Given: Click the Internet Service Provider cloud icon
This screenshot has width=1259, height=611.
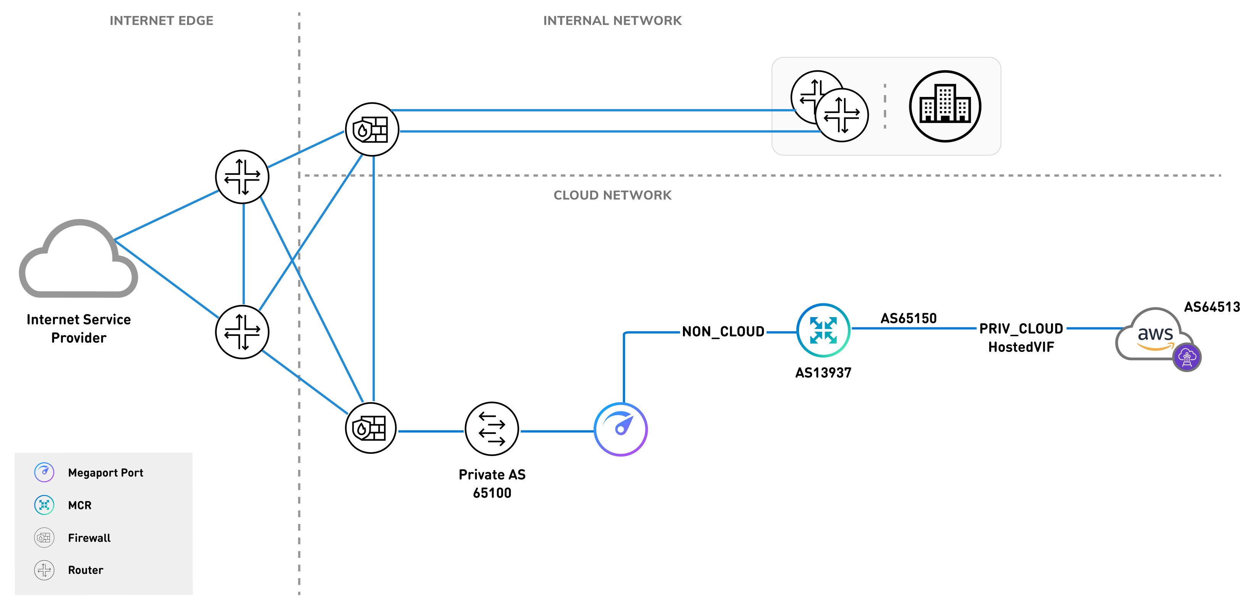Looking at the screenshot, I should pyautogui.click(x=78, y=261).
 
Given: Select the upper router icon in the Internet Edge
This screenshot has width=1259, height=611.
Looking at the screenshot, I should pyautogui.click(x=242, y=176).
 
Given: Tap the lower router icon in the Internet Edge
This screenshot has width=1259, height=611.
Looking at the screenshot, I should pyautogui.click(x=242, y=332).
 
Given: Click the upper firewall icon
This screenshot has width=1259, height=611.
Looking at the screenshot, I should pyautogui.click(x=372, y=129).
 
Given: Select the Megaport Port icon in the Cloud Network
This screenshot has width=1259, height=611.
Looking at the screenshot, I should pyautogui.click(x=620, y=429).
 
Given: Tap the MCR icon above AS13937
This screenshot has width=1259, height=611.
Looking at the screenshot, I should pyautogui.click(x=823, y=330).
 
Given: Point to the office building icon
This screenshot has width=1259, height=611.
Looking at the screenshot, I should pyautogui.click(x=945, y=106).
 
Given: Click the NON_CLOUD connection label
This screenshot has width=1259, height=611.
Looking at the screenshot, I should pyautogui.click(x=723, y=332).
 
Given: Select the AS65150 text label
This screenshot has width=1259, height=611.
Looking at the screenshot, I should pyautogui.click(x=908, y=318).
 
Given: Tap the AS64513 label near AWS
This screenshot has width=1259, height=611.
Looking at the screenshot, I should pyautogui.click(x=1212, y=307).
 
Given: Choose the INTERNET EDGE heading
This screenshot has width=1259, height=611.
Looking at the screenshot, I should pyautogui.click(x=161, y=21).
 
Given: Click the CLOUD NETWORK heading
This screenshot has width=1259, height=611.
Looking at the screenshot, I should pyautogui.click(x=612, y=195).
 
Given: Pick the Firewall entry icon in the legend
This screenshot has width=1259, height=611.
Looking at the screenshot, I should pyautogui.click(x=44, y=538).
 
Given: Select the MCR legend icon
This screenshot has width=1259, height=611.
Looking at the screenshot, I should pyautogui.click(x=44, y=505).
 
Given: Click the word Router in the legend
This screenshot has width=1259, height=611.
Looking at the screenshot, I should pyautogui.click(x=86, y=570).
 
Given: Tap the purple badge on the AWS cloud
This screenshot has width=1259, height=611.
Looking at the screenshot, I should pyautogui.click(x=1187, y=358).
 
